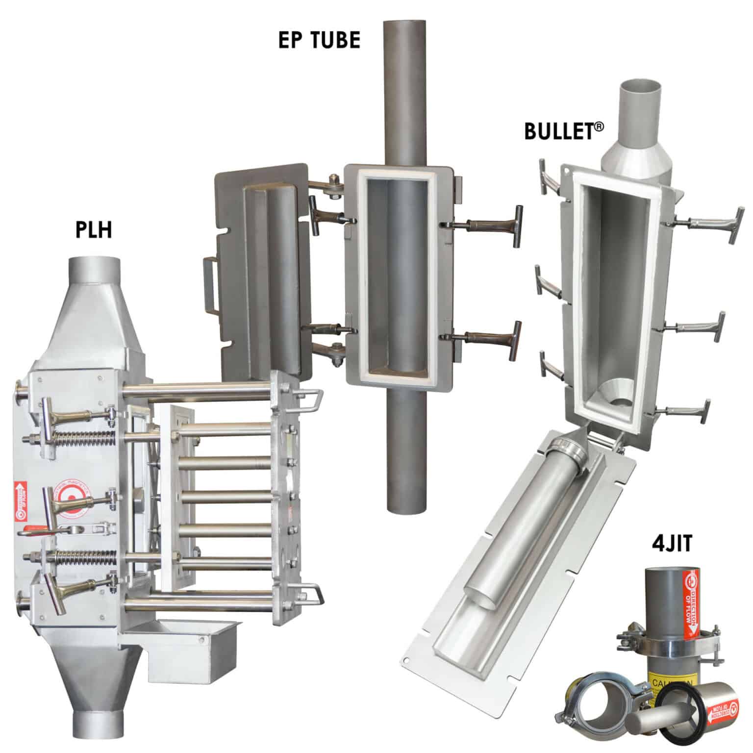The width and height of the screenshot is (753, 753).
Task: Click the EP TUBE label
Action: coord(319,40)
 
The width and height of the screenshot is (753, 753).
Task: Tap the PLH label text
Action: coord(94,229)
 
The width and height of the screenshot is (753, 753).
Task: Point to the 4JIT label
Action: coord(671,545)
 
